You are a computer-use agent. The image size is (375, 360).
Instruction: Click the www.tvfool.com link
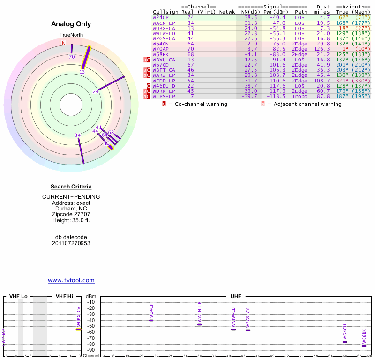[x=71, y=280]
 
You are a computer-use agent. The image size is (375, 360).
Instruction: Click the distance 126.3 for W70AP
[x=322, y=48]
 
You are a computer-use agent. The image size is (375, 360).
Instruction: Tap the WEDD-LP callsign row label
[x=164, y=81]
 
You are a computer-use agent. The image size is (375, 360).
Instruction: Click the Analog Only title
[x=71, y=24]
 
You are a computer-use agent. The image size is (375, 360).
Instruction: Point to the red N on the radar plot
[x=64, y=43]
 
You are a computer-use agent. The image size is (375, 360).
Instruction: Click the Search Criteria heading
[x=71, y=187]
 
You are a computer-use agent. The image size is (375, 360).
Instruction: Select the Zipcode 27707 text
[x=71, y=214]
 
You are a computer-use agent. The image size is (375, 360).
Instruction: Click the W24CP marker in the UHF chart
[x=151, y=320]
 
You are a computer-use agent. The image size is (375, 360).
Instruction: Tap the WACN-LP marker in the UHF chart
[x=199, y=324]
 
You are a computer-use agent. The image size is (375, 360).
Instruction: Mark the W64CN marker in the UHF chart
[x=345, y=342]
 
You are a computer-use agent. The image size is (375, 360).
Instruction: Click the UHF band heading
[x=235, y=297]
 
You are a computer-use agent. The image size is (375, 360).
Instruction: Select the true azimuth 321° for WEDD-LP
[x=342, y=81]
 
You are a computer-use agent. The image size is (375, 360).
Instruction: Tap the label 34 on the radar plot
[x=77, y=135]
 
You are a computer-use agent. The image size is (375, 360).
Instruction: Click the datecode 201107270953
[x=71, y=243]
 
